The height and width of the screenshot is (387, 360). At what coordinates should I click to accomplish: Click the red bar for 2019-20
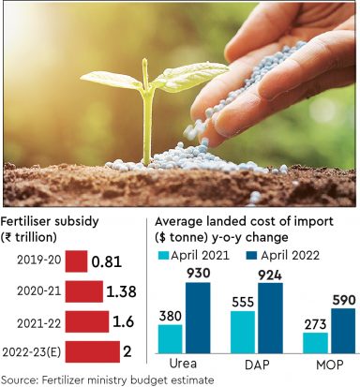click(x=78, y=261)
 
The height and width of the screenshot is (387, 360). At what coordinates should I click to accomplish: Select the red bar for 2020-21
click(x=85, y=291)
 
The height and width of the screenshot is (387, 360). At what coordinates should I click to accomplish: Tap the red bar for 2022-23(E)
click(x=94, y=351)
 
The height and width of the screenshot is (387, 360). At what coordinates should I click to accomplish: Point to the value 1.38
click(x=122, y=291)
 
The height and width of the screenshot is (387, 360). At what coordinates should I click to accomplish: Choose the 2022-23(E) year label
click(x=34, y=351)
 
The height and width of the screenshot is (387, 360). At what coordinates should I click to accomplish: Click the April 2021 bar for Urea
click(x=170, y=338)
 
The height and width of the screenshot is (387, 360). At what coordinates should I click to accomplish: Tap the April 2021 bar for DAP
click(x=242, y=332)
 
